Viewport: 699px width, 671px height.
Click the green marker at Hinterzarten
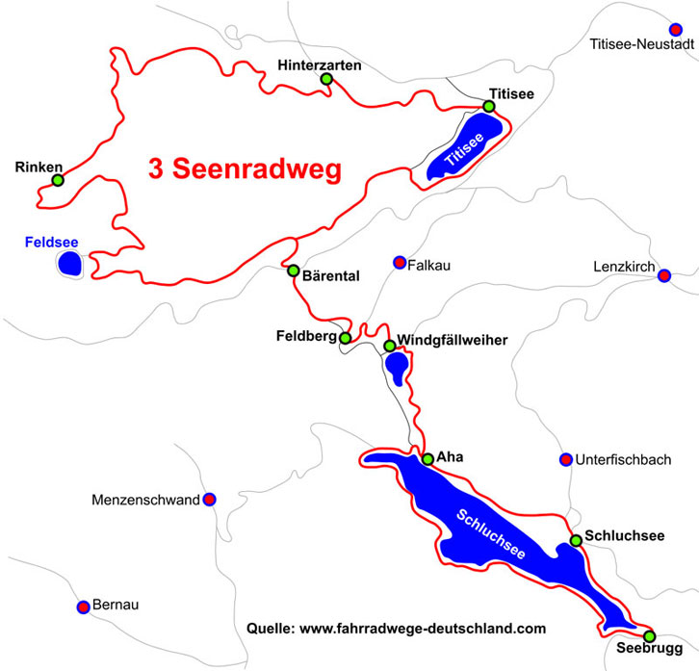[326, 79]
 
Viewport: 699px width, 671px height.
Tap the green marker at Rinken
[58, 180]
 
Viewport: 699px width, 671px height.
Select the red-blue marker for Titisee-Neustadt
[676, 30]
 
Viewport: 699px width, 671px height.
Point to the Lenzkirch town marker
[663, 276]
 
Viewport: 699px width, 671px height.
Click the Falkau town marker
[400, 262]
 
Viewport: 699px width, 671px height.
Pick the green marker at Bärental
[294, 271]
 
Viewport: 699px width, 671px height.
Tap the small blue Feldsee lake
[69, 262]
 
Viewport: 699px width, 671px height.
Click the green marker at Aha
[427, 459]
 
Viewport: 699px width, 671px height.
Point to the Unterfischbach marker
[565, 459]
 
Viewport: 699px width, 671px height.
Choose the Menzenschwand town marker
[209, 499]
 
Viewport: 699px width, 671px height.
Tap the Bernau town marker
[84, 606]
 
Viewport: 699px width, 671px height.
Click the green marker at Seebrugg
[649, 636]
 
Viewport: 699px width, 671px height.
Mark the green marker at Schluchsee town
[576, 540]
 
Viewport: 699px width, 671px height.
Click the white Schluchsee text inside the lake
[491, 535]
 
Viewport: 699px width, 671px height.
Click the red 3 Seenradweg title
[245, 169]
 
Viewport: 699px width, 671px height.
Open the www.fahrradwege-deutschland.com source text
[423, 628]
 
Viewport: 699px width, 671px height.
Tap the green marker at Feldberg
[346, 338]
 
